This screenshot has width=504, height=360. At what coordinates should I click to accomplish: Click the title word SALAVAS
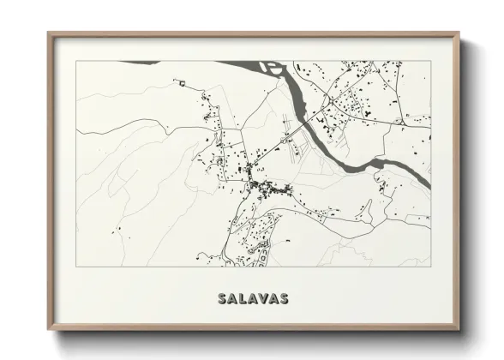pyautogui.click(x=253, y=299)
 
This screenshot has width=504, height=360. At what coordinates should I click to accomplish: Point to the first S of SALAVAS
pyautogui.click(x=223, y=299)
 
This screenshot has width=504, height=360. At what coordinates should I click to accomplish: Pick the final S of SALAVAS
pyautogui.click(x=284, y=299)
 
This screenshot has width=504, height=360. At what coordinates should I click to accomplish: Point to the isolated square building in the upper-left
pyautogui.click(x=182, y=82)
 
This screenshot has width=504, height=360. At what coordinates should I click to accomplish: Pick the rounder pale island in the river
pyautogui.click(x=273, y=67)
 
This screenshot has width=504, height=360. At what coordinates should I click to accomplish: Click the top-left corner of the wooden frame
pyautogui.click(x=49, y=34)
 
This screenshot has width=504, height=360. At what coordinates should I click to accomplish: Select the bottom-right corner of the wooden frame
pyautogui.click(x=459, y=329)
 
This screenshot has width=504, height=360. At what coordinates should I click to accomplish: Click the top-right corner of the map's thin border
pyautogui.click(x=429, y=61)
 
